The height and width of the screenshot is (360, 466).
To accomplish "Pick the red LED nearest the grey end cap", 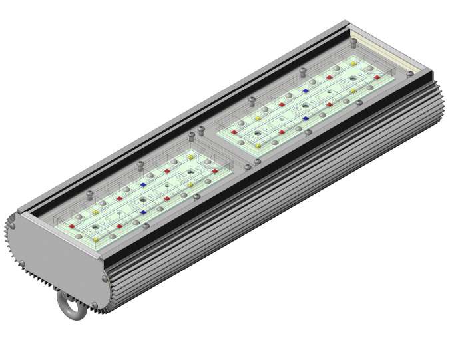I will [x=71, y=226].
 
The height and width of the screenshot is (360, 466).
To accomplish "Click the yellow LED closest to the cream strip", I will [x=353, y=63].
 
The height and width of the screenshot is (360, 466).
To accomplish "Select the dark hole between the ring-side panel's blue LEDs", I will [x=143, y=197].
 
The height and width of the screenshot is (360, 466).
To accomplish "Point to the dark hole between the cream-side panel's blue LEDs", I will [x=306, y=104].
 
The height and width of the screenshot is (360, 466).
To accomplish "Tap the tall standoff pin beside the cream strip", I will [x=353, y=43].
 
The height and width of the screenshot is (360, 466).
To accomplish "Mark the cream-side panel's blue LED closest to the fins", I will [x=306, y=119].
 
